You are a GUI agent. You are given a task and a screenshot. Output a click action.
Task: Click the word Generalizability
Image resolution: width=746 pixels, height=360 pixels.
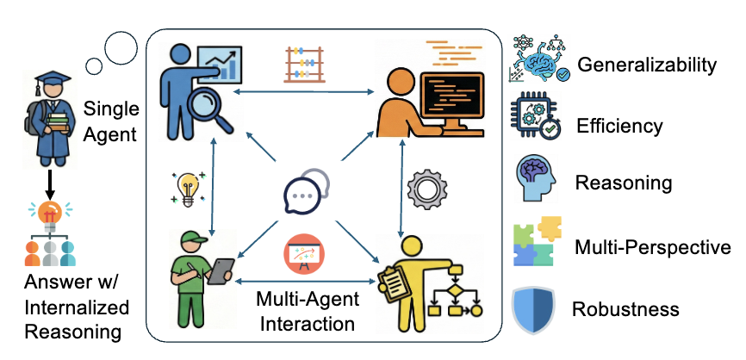coord(647,64)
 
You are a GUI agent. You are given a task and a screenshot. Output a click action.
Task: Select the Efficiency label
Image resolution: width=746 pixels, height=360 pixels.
coord(620,126)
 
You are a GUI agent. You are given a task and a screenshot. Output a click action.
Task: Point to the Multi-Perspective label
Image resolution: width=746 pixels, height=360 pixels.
coord(652,248)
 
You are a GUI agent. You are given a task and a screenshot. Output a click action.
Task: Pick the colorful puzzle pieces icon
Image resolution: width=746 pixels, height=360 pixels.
coord(538,244)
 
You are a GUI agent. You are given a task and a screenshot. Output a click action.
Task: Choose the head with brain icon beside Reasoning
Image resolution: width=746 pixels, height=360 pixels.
coord(535,181)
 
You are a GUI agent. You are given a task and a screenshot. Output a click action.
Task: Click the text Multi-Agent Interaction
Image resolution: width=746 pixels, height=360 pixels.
coord(306,312)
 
